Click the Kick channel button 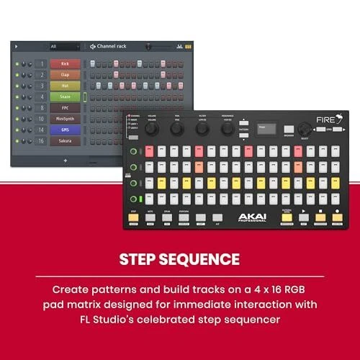click(x=65, y=64)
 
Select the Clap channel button click(x=65, y=75)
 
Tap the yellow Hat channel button click(x=65, y=86)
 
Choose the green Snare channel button click(x=65, y=96)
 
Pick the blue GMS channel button click(x=65, y=130)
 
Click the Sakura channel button click(x=65, y=141)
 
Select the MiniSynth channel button click(x=65, y=119)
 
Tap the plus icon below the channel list click(x=65, y=160)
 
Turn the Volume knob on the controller click(x=152, y=129)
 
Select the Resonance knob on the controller click(x=228, y=129)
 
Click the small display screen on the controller click(x=268, y=128)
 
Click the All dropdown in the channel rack click(x=63, y=47)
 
